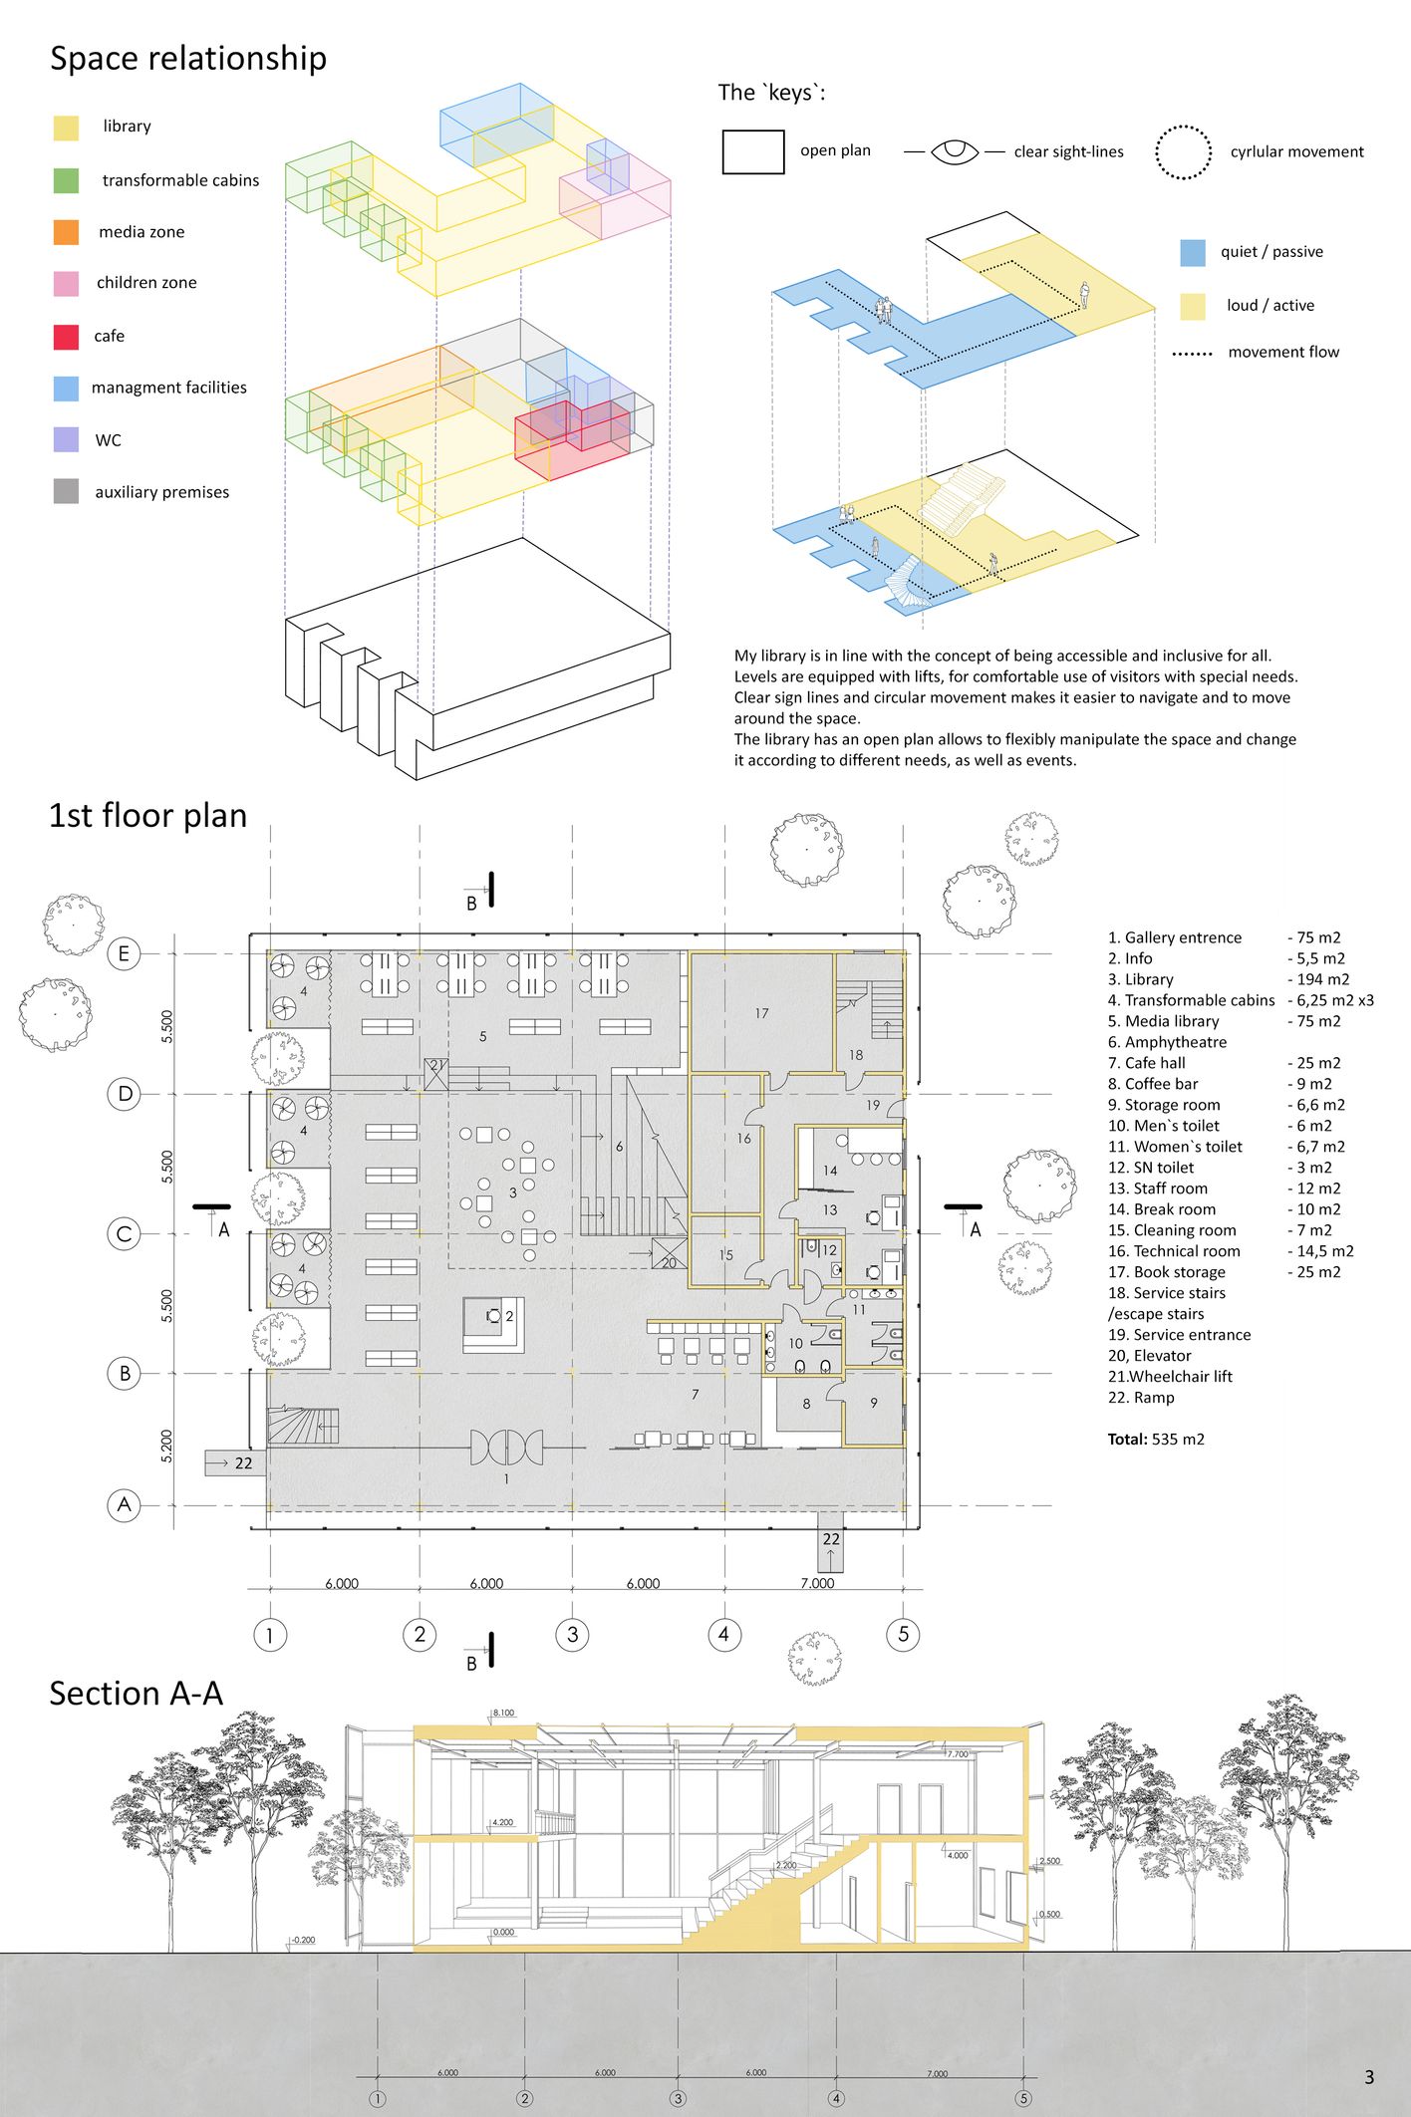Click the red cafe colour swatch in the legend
[x=66, y=337]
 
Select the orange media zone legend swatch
[x=66, y=232]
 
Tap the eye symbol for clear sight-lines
[x=955, y=151]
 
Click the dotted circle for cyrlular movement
[x=1183, y=152]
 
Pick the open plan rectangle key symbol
[x=753, y=151]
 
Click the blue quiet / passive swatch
[x=1193, y=252]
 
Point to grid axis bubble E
[x=124, y=953]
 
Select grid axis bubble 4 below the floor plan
[x=723, y=1634]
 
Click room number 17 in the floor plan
[x=761, y=1013]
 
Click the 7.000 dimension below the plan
[x=817, y=1583]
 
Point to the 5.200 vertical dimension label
[x=166, y=1446]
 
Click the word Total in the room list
[x=1127, y=1440]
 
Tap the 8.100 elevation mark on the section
[x=503, y=1713]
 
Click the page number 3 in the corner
[x=1369, y=2077]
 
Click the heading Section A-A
[x=136, y=1694]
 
